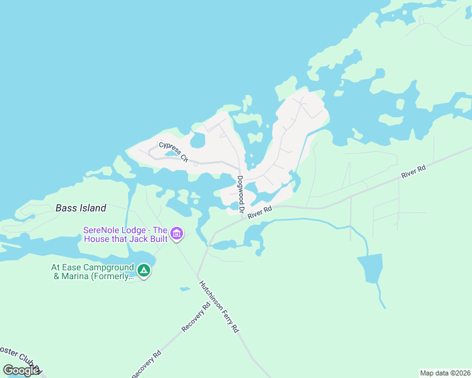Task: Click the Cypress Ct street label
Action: pos(174,152)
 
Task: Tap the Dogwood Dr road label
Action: pos(240,188)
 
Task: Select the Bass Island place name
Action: pos(81,208)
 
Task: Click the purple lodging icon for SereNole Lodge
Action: pos(177,235)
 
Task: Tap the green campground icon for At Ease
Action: pos(144,271)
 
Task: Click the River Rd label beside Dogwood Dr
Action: pos(259,212)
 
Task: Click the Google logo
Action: pos(21,370)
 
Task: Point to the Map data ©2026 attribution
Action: pos(445,373)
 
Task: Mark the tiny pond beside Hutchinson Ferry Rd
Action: pos(184,289)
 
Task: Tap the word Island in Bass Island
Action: pos(93,208)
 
